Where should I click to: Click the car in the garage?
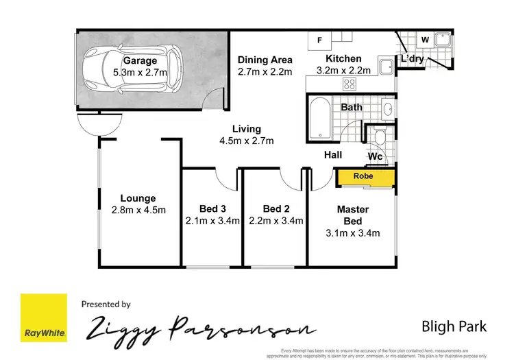point(130,69)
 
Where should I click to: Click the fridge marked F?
point(319,40)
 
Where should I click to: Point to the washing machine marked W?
point(424,40)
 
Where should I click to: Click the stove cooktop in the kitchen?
point(350,85)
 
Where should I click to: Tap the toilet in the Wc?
point(378,139)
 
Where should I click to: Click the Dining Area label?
point(265,60)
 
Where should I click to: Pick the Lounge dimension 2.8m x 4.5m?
point(138,210)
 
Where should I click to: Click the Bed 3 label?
point(212,208)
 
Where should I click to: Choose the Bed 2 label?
point(276,208)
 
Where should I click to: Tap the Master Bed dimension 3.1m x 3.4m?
point(352,232)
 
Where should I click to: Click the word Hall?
point(333,156)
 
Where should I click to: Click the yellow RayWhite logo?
point(44,317)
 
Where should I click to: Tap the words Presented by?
point(106,304)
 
